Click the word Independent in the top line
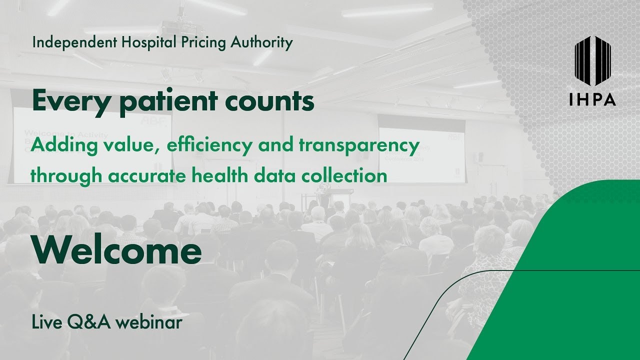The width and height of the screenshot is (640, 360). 74,43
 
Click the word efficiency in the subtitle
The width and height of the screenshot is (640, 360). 210,145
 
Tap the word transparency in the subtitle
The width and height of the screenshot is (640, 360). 359,145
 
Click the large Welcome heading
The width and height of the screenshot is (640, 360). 116,250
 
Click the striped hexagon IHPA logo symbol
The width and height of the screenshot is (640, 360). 592,59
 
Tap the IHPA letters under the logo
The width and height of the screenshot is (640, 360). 592,100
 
